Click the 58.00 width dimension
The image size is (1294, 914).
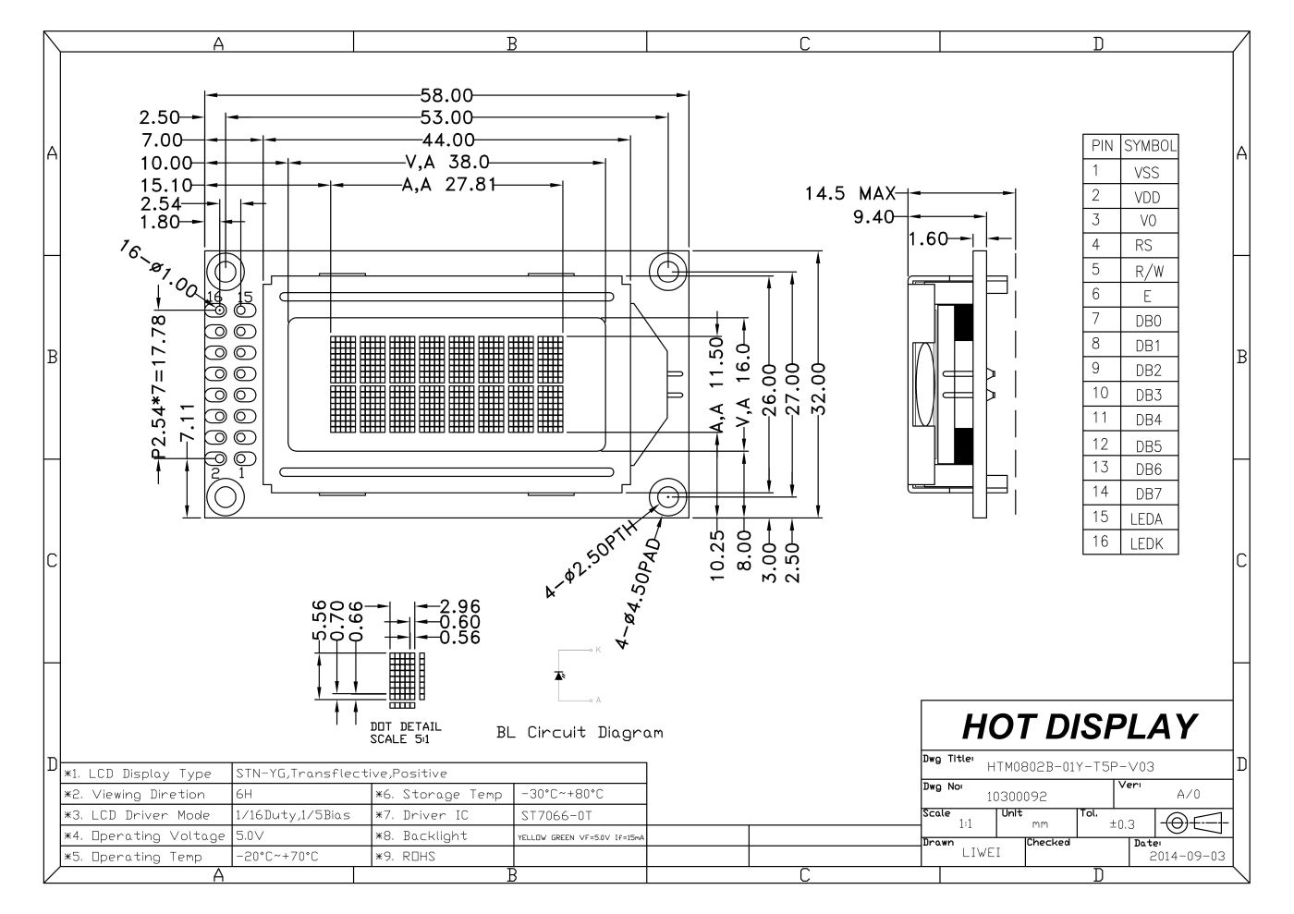pyautogui.click(x=446, y=94)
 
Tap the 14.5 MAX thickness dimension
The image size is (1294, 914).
pyautogui.click(x=849, y=194)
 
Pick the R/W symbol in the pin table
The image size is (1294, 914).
pyautogui.click(x=1148, y=272)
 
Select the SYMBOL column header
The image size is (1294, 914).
pyautogui.click(x=1149, y=146)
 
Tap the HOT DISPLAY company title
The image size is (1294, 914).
pyautogui.click(x=1079, y=726)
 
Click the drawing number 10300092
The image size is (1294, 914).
pyautogui.click(x=1016, y=795)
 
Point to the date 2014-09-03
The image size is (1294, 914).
pyautogui.click(x=1187, y=856)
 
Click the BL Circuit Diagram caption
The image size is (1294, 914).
pyautogui.click(x=580, y=733)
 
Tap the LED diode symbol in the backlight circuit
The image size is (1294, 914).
pyautogui.click(x=559, y=675)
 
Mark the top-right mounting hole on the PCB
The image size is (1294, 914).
pyautogui.click(x=667, y=271)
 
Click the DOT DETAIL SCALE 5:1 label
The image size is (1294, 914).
pyautogui.click(x=405, y=733)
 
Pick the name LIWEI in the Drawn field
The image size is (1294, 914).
pyautogui.click(x=981, y=853)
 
